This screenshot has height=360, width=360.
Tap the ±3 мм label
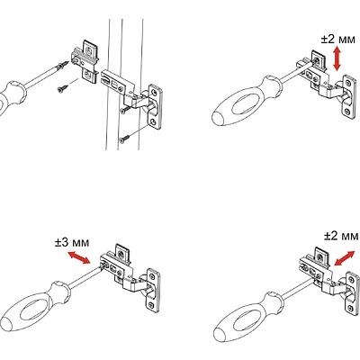point(72,242)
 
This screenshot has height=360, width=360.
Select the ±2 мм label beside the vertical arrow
point(337,39)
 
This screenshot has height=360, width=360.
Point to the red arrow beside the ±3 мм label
point(78,257)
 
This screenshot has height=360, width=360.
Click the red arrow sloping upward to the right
point(344,258)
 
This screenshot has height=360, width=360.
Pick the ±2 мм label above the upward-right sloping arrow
point(341,236)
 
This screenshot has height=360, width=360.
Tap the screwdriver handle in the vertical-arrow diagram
point(246,101)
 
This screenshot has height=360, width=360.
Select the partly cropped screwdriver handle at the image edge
point(13,96)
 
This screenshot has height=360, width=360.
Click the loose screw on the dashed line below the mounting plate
point(63,88)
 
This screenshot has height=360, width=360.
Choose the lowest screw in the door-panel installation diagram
point(124,139)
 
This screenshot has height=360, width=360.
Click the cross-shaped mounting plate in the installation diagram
point(85,60)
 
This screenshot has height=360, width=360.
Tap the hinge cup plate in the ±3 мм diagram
point(153,289)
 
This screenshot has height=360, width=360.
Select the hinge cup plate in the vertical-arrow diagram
point(349,96)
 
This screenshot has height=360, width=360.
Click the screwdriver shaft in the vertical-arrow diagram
point(295,73)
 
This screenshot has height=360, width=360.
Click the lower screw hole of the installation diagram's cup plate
point(154,121)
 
